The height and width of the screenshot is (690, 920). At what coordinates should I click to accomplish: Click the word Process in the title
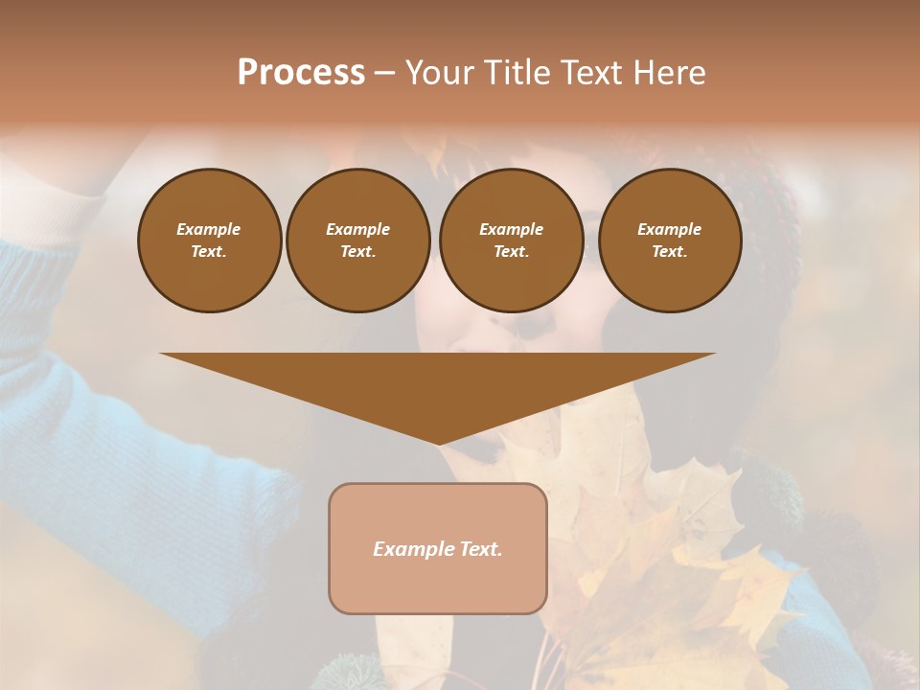301,73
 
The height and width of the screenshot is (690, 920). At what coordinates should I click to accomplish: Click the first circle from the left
209,241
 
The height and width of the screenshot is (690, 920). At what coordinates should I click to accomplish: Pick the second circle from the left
357,241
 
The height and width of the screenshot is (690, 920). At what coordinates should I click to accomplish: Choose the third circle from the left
511,241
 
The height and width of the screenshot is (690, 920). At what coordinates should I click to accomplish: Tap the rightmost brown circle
670,241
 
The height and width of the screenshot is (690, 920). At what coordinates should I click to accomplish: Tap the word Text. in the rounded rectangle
479,549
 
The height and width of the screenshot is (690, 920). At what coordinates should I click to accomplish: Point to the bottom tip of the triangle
438,443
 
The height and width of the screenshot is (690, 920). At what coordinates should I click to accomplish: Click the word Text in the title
592,73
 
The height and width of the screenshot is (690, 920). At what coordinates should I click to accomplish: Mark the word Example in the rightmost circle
670,229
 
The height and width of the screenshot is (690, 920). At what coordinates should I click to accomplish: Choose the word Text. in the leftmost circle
209,251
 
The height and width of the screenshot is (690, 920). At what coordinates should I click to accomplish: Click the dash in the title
384,74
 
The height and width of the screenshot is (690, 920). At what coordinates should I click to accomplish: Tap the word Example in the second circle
357,229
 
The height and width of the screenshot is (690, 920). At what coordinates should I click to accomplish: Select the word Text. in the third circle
511,251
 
